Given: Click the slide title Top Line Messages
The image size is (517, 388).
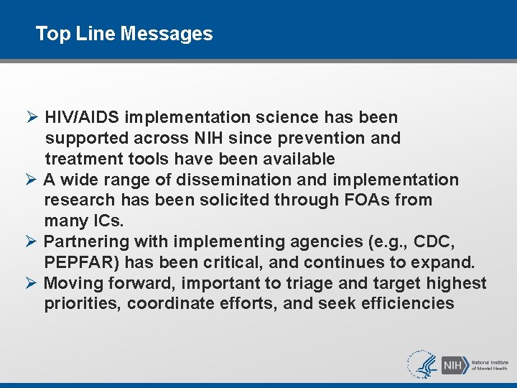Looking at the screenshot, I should [124, 34].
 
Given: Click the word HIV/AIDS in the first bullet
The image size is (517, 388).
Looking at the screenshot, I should [81, 117].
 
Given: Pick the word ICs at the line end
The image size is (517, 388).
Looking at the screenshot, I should [106, 221].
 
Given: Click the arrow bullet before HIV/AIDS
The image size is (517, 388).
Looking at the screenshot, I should [32, 117].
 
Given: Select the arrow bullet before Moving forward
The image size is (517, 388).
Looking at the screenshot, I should [32, 283].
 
